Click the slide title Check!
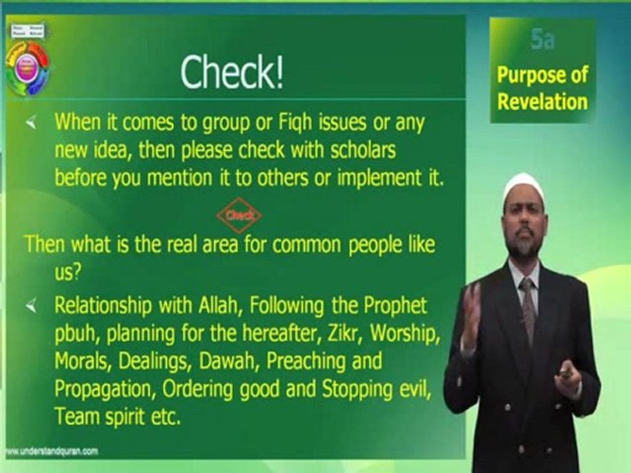(232, 72)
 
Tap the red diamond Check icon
(239, 215)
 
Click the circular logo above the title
(27, 68)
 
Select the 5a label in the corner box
(542, 41)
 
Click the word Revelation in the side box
(542, 101)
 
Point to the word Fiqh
(262, 122)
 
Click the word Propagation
(97, 389)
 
